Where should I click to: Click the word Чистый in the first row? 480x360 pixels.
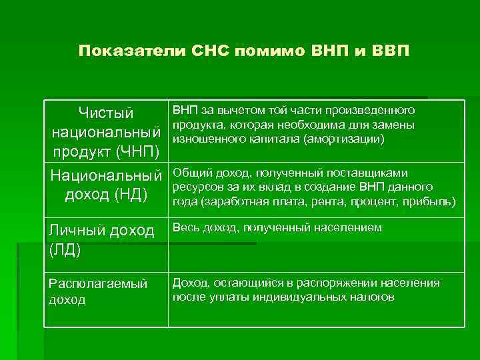(x=106, y=114)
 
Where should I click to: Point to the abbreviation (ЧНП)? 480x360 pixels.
(x=137, y=151)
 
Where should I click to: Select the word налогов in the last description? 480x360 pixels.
(x=374, y=297)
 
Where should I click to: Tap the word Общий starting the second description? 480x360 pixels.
(x=189, y=173)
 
